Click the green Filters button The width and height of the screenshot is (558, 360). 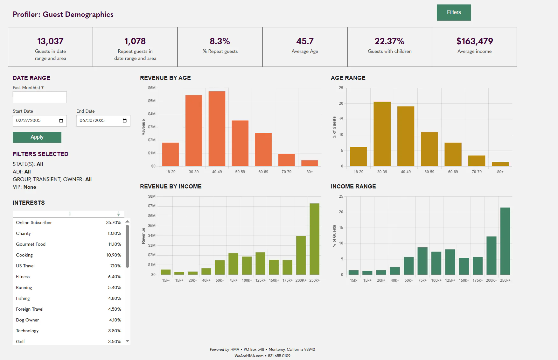pos(454,12)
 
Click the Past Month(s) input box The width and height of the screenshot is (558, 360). pos(40,97)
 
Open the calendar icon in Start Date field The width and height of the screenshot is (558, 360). pos(61,121)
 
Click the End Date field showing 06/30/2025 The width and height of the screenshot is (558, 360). pos(103,121)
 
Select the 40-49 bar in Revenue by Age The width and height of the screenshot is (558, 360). pos(217,129)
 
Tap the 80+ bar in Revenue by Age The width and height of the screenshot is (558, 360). pos(310,163)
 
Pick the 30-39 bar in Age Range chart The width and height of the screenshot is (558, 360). pos(382,134)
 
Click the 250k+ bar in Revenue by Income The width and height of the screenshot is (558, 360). pos(314,239)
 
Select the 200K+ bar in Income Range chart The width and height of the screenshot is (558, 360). pos(491,256)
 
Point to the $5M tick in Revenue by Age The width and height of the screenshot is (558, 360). pos(152,101)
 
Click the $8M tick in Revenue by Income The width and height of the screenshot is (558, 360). pos(152,196)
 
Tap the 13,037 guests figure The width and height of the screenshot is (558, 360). pos(50,41)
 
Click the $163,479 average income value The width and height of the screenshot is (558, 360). pos(475,41)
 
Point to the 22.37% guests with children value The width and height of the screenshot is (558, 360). pos(389,41)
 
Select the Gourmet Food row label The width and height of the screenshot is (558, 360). pos(31,244)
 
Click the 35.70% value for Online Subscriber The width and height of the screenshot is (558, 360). pos(114,222)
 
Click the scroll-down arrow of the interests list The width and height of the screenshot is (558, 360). pos(127,341)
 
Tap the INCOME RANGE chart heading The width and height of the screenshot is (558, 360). pos(353,187)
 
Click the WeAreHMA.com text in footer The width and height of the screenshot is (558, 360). pos(249,356)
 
